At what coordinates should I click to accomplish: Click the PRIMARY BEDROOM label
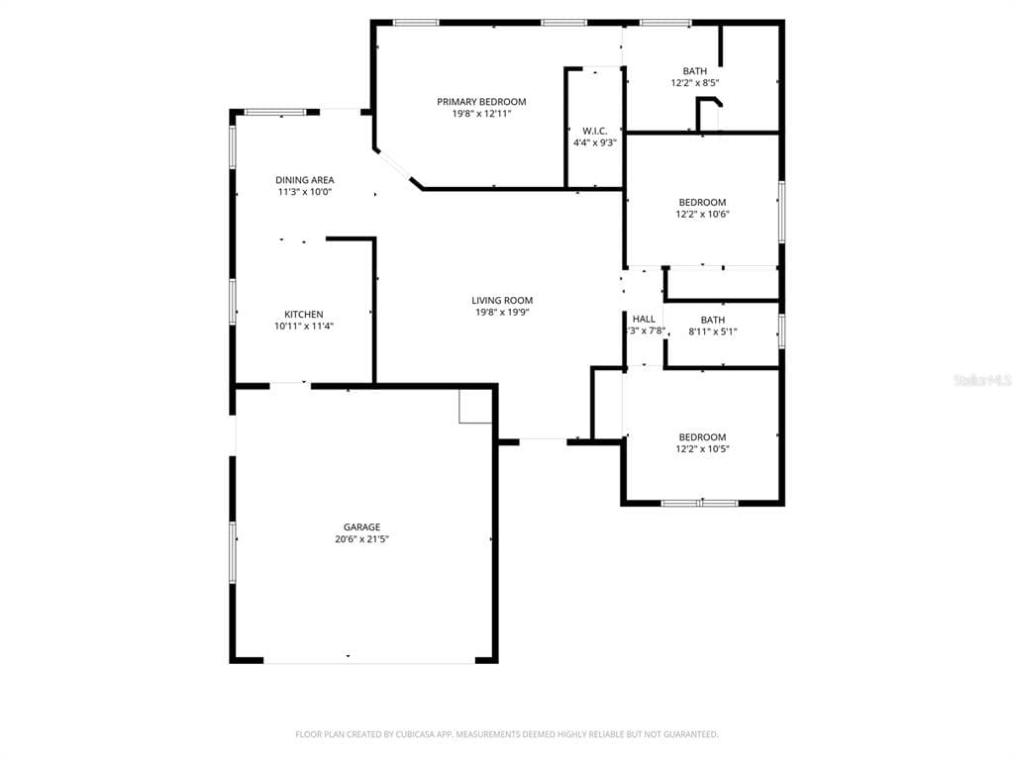(481, 101)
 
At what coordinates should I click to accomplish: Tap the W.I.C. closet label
(594, 131)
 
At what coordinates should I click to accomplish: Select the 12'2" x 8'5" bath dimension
(694, 83)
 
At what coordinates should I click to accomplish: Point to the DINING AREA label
(304, 180)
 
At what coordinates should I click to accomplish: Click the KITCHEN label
(303, 314)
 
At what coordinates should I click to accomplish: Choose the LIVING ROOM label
(501, 300)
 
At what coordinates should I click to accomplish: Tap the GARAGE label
(361, 526)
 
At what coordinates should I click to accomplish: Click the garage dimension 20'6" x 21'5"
(361, 539)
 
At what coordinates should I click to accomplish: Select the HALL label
(644, 319)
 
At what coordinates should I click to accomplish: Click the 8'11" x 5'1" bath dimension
(712, 332)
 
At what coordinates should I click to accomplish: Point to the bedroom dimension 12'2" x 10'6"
(701, 215)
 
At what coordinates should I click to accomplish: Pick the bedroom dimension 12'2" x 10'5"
(701, 449)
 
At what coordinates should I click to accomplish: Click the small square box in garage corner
(475, 407)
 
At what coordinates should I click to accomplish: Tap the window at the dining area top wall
(275, 113)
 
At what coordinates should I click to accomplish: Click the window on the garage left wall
(234, 551)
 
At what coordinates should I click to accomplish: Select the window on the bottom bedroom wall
(699, 503)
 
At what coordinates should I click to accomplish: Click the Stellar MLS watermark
(981, 380)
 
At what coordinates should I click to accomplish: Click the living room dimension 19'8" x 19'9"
(501, 313)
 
